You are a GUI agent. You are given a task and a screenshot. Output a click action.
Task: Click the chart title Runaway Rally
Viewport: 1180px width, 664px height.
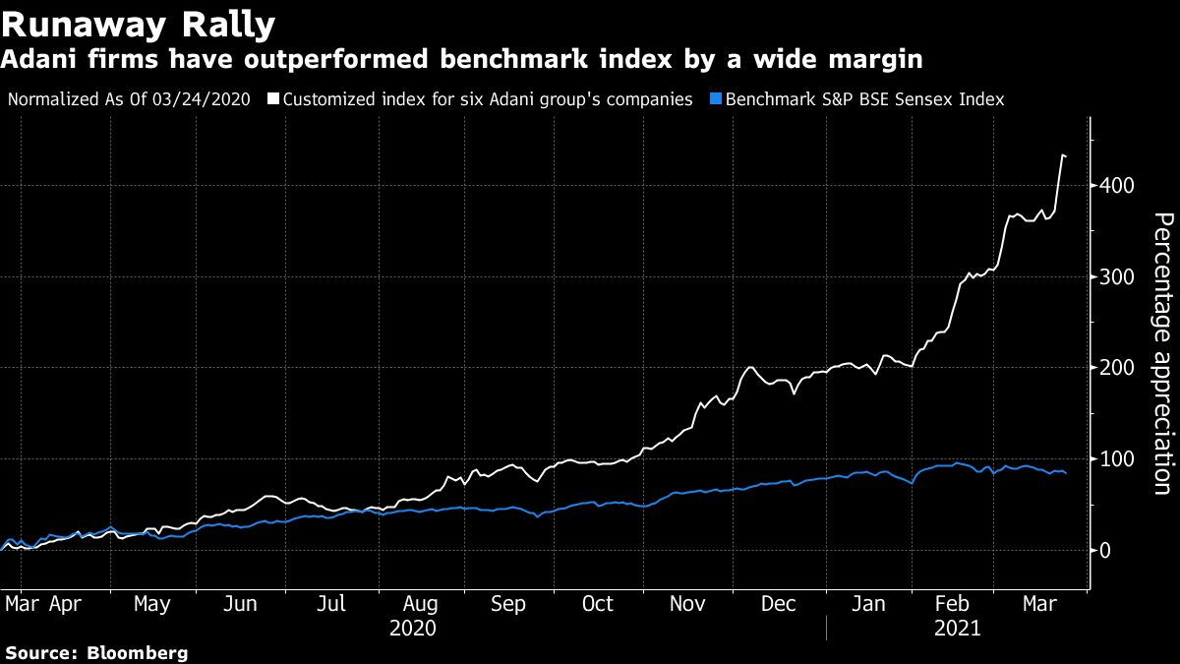point(138,22)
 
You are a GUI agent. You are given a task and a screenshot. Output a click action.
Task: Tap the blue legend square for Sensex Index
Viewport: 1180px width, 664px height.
point(715,99)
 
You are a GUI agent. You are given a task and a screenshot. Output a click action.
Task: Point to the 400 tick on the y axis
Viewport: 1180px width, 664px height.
point(1118,186)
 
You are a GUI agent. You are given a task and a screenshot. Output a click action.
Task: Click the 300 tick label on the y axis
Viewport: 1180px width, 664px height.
point(1118,277)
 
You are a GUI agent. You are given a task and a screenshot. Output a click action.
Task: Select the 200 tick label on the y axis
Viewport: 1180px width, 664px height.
point(1118,368)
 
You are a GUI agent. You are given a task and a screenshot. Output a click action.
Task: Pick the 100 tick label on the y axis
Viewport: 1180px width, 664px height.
point(1118,459)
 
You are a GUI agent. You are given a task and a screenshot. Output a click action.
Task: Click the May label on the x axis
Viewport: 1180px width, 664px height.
point(150,604)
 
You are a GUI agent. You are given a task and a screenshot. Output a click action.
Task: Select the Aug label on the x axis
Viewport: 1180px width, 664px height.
point(421,604)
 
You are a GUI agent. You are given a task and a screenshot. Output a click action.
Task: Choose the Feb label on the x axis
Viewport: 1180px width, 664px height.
point(954,604)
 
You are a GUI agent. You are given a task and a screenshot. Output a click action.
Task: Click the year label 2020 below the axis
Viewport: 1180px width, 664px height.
point(413,628)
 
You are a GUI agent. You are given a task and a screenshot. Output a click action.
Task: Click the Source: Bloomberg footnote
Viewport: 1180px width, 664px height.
point(96,653)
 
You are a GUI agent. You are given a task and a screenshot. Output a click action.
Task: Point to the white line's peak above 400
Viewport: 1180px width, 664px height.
point(1063,154)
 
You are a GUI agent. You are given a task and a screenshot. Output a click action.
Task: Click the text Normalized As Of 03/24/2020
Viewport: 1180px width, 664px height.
point(128,99)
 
